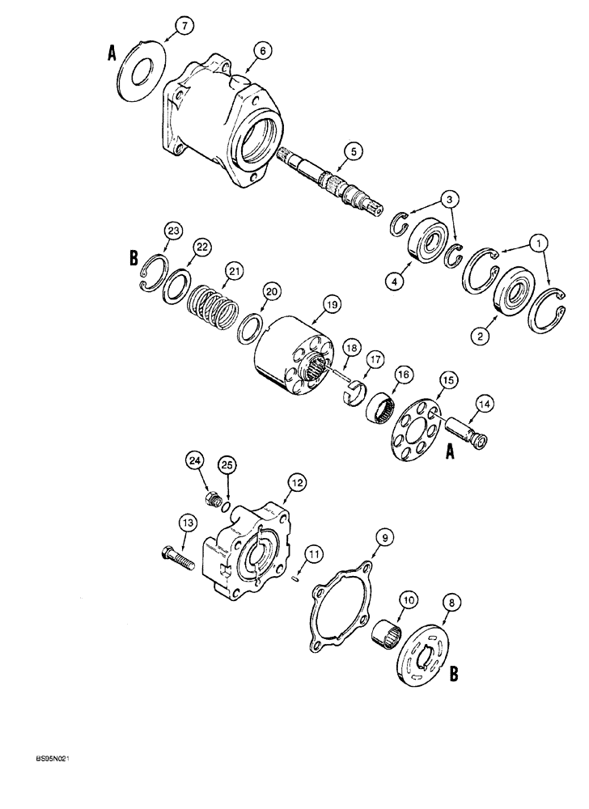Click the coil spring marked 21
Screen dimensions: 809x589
coord(212,306)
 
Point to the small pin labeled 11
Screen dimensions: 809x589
coord(297,577)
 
